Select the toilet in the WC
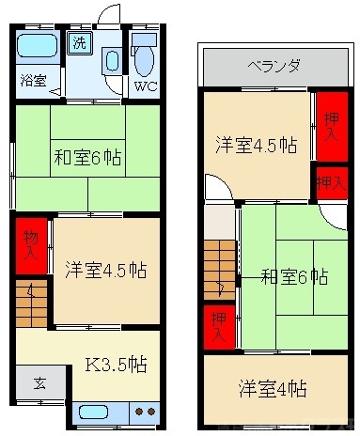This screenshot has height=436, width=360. point(144,60)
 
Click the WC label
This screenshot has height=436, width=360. point(146,87)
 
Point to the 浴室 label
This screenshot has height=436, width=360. point(33,80)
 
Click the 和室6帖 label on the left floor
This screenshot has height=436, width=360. point(92,155)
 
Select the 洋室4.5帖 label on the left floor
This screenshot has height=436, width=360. point(105,270)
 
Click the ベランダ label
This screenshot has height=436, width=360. point(274,66)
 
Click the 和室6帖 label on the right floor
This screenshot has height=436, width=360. point(293,277)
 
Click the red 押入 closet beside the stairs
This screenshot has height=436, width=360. point(217,323)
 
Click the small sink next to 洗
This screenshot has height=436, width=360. point(112,60)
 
